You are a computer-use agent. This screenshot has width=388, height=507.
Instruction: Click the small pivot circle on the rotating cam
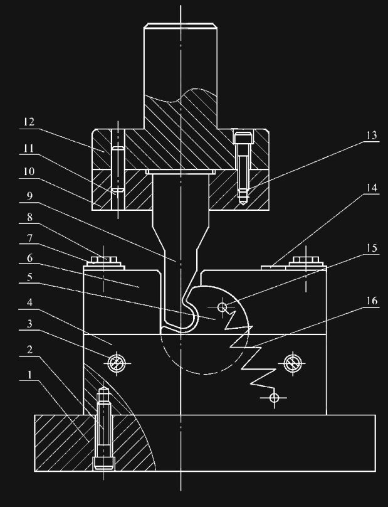point(222,307)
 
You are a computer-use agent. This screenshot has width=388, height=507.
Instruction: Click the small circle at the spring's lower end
point(273,397)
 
